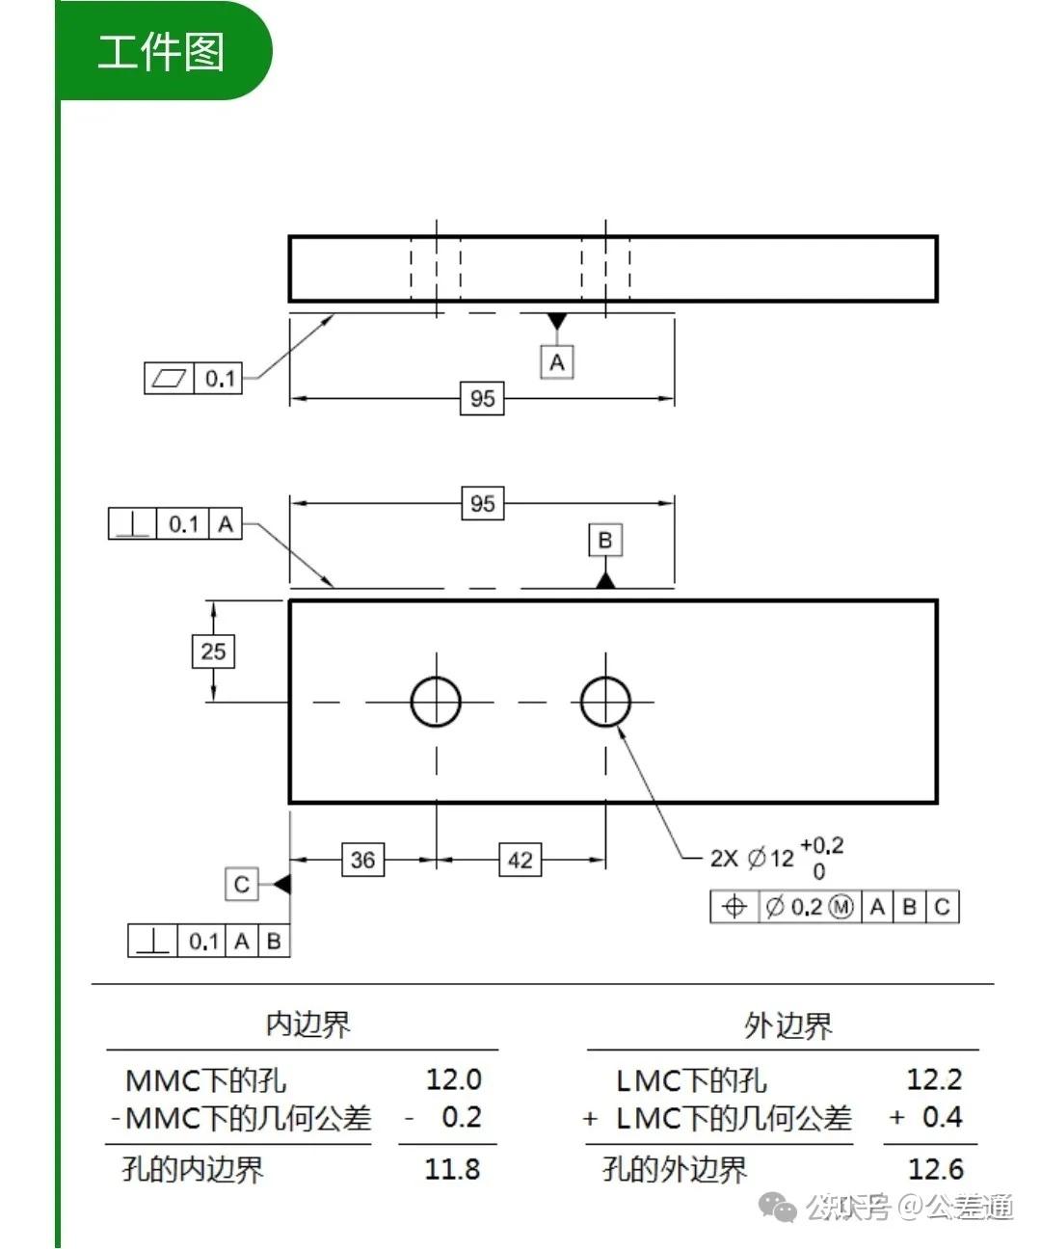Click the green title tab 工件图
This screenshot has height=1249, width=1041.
[x=161, y=51]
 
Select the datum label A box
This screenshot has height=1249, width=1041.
[x=556, y=362]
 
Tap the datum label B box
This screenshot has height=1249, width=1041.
[x=605, y=540]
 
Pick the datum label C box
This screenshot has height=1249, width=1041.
[x=242, y=884]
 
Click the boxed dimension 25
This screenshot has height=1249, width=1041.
[x=213, y=651]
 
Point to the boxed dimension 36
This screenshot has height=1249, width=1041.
[x=362, y=860]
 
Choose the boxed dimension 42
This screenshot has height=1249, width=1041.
[x=520, y=860]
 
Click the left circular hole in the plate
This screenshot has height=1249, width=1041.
[x=436, y=702]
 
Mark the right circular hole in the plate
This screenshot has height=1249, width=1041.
[x=605, y=702]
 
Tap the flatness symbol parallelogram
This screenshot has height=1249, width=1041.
[x=169, y=378]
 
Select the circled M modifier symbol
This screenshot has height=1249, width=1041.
[x=841, y=907]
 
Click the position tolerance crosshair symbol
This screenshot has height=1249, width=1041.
[x=734, y=907]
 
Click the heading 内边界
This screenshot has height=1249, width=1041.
[x=307, y=1023]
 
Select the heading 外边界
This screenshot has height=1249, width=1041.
[x=787, y=1025]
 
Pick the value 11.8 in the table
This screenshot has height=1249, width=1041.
[x=452, y=1169]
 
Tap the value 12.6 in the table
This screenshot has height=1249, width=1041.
[x=935, y=1169]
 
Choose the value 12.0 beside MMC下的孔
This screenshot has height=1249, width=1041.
[x=453, y=1079]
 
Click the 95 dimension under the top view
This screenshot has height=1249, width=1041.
[x=482, y=398]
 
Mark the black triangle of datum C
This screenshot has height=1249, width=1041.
[x=281, y=884]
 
